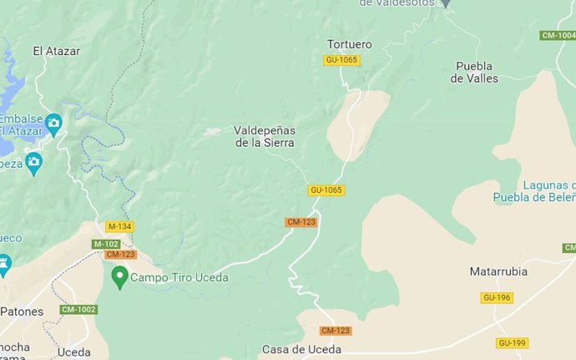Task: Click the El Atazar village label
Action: pos(56,51)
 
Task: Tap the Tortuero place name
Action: pos(350,43)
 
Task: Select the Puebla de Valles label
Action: pos(474,72)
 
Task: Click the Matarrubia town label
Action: pos(499,271)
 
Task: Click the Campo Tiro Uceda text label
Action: pos(179,277)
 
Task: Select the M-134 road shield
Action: pos(119,226)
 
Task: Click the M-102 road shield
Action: pos(106,244)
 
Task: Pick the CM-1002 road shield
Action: pos(78,310)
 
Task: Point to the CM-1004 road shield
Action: pos(558,35)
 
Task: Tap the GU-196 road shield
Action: pos(497,297)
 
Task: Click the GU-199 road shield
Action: pos(512,342)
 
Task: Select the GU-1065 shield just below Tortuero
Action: pos(341,60)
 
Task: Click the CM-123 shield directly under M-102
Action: pos(120,255)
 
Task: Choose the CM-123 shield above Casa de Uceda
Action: pos(336,331)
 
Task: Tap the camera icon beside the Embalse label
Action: pos(54,124)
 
